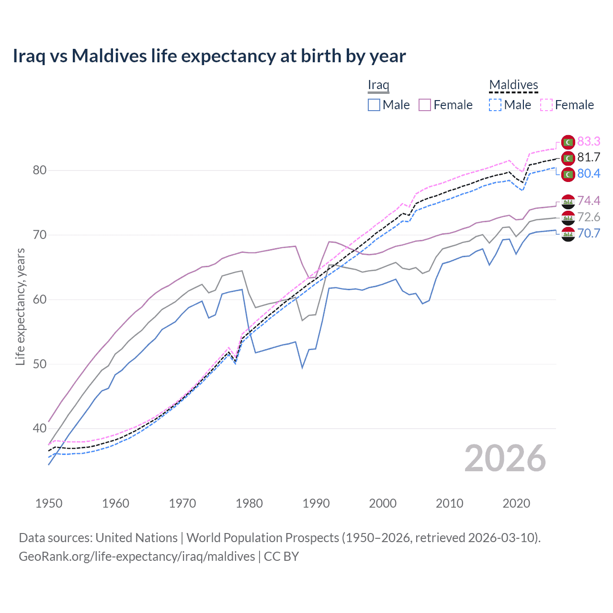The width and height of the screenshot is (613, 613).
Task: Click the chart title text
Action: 209,56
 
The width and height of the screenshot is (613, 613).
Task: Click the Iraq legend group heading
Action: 378,85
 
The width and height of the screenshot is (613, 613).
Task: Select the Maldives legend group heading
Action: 513,85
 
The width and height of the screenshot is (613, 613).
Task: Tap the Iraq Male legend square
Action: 374,105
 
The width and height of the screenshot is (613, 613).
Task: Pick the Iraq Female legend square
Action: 425,105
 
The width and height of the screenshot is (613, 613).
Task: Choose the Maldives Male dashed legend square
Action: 495,105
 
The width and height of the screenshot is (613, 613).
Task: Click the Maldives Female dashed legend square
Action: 546,105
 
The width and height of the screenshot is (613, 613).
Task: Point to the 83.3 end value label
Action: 589,141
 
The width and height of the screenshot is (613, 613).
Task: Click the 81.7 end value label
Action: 589,157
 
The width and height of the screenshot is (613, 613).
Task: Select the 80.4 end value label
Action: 589,173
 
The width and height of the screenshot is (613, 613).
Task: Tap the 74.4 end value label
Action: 589,201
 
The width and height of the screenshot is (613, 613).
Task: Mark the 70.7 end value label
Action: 589,233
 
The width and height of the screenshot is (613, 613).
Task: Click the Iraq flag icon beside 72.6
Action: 568,217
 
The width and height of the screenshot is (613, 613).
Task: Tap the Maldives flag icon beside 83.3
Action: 568,142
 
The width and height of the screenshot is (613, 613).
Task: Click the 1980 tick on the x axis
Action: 249,503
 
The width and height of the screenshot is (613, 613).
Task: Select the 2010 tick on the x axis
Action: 449,503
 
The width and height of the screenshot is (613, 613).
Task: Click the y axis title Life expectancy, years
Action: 20,306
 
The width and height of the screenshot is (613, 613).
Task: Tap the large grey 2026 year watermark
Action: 505,458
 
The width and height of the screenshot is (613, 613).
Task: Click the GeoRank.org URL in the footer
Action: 137,556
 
